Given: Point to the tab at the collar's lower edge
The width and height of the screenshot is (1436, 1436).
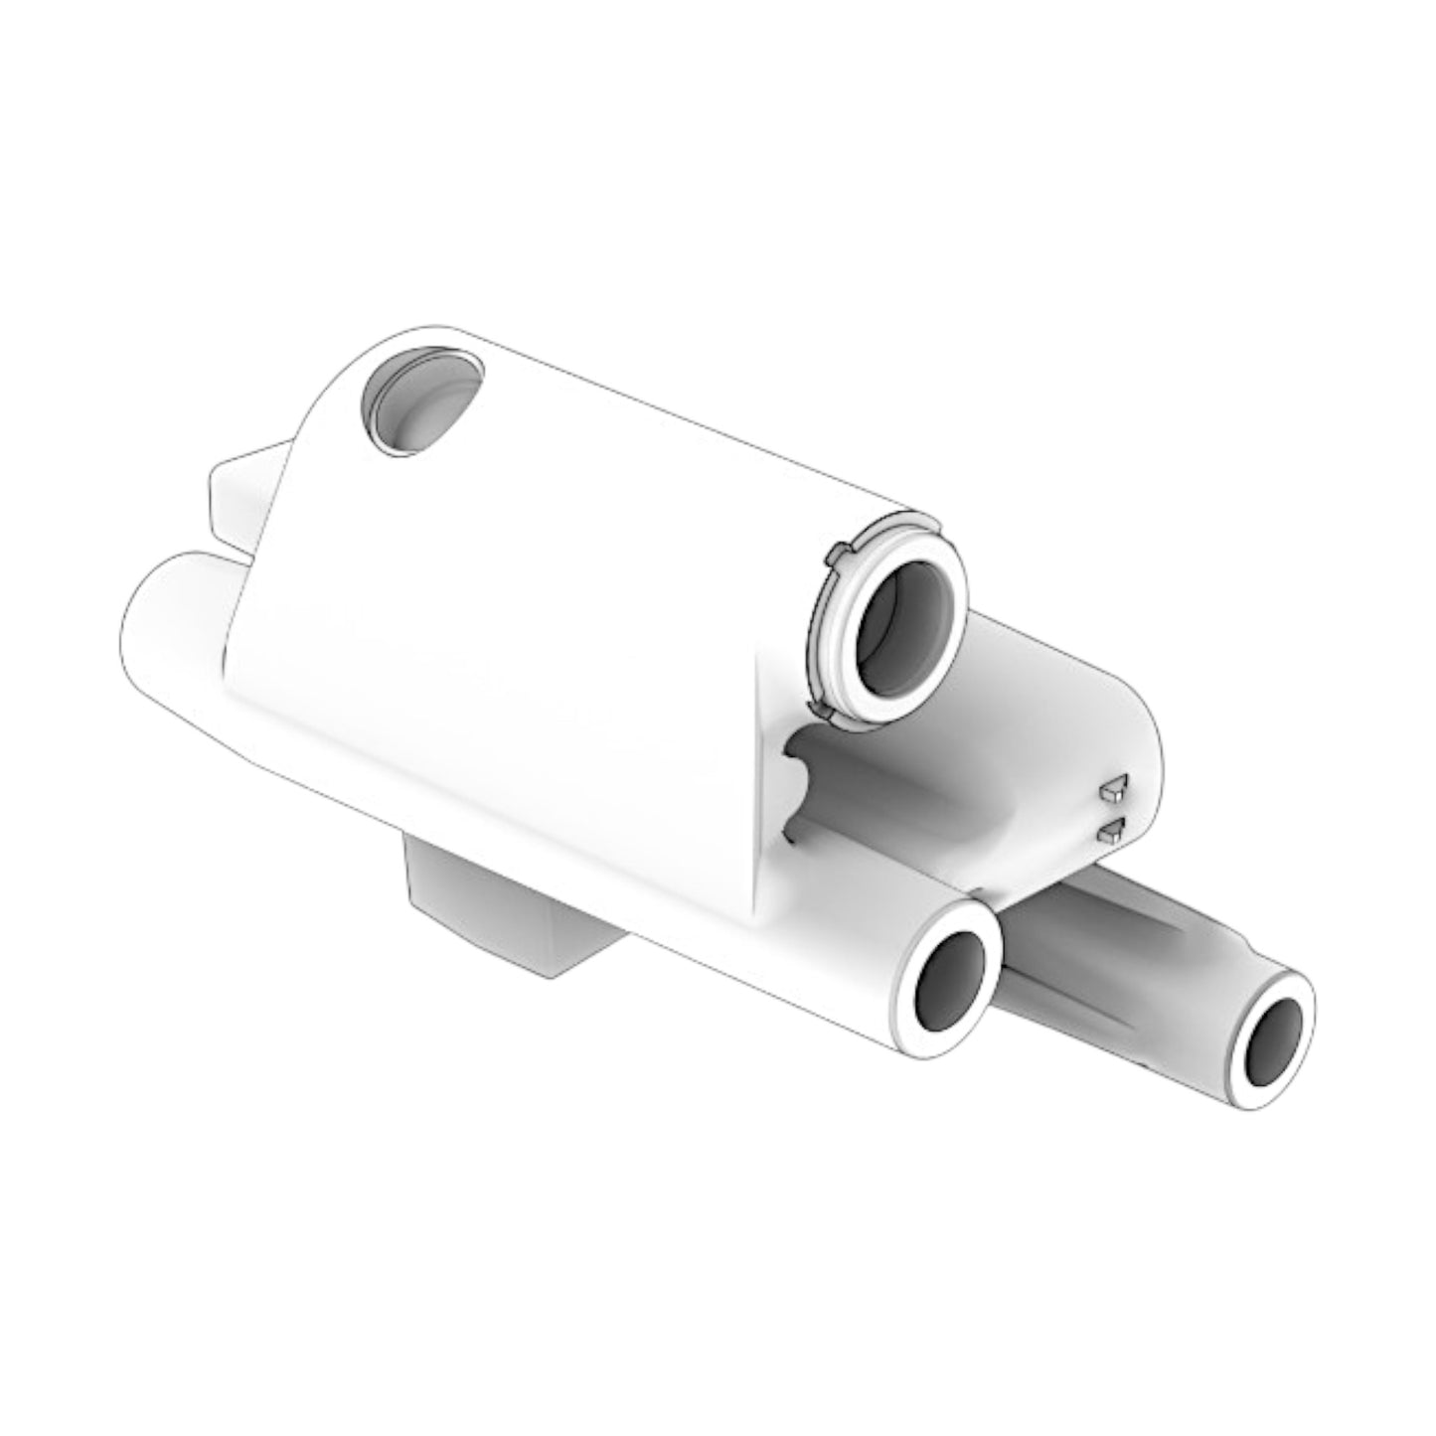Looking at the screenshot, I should (821, 708).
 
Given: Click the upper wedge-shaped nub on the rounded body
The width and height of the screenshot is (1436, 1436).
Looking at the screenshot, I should (1113, 789).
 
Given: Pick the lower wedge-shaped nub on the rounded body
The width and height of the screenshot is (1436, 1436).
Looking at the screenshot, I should (1111, 829).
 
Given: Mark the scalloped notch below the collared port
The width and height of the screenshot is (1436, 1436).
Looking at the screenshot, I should (800, 785).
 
